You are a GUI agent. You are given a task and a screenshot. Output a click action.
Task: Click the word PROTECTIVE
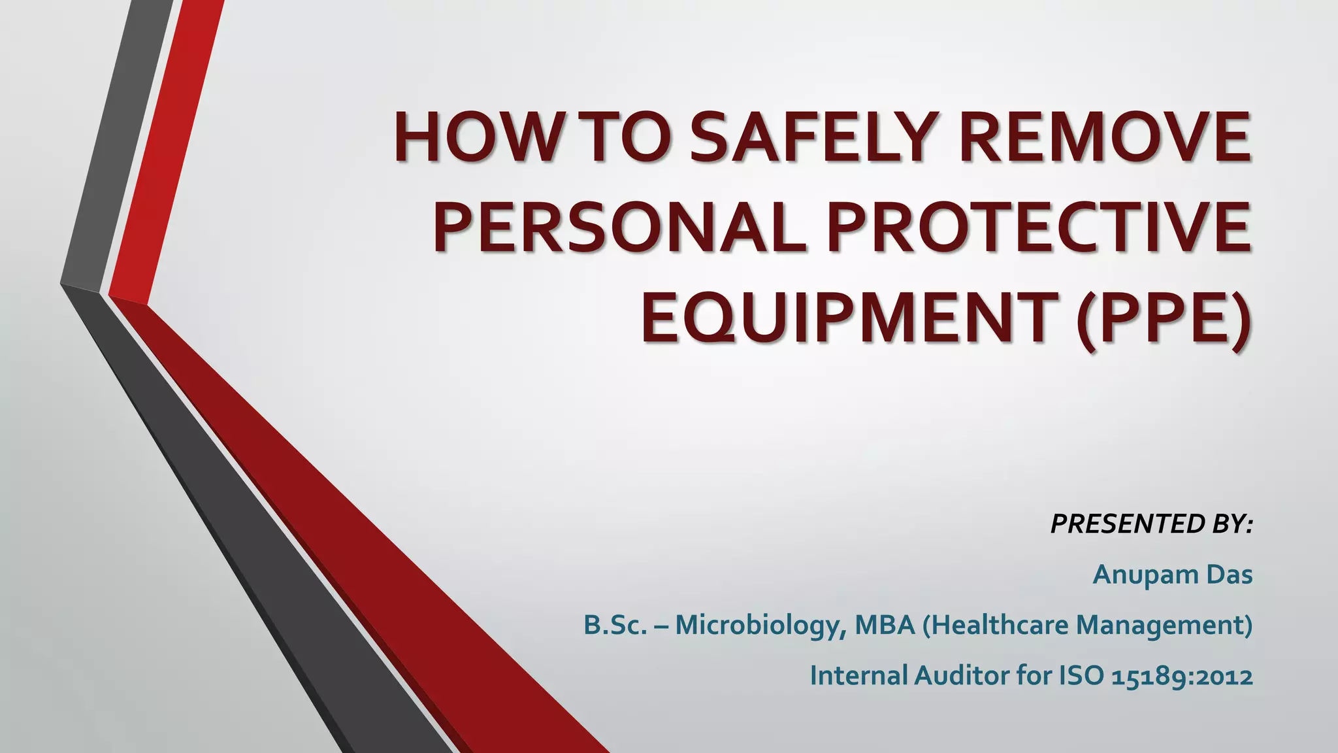(1039, 229)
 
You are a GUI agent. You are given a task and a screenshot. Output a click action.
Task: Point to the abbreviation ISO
(1081, 676)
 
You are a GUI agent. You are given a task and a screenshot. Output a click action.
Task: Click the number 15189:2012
(1182, 676)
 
